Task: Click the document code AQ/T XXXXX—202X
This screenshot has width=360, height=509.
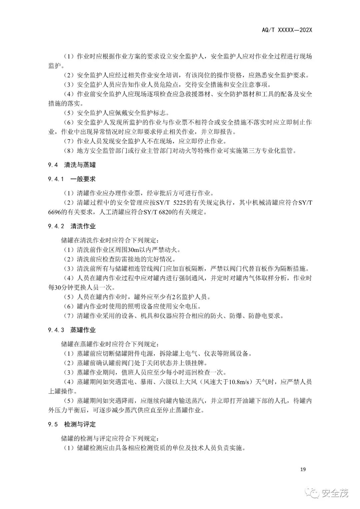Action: [x=287, y=30]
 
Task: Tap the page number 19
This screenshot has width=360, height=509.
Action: [x=303, y=469]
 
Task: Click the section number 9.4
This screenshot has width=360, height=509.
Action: [x=53, y=165]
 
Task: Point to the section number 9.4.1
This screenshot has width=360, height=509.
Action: [x=56, y=179]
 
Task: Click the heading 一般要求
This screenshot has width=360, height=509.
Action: [x=83, y=179]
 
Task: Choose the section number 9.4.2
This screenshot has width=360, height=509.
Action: [x=56, y=226]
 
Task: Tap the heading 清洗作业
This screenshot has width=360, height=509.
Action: [x=83, y=226]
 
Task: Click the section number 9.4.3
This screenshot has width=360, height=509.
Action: [x=56, y=330]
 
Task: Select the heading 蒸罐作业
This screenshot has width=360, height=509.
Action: [x=83, y=330]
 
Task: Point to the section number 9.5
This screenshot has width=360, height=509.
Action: [x=53, y=424]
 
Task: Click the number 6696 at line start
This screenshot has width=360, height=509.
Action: [x=55, y=212]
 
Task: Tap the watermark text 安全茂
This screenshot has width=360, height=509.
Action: [x=334, y=493]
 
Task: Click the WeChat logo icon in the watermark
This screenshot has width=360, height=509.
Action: [x=315, y=493]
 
